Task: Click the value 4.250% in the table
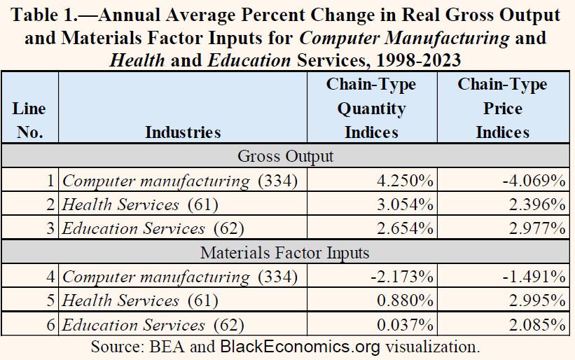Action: coord(403,181)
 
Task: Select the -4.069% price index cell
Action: coord(534,181)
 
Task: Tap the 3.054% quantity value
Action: coord(403,205)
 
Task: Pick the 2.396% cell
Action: coord(536,205)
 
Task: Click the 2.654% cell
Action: coord(403,228)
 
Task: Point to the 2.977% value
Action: coord(536,228)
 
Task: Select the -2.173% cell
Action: coord(400,277)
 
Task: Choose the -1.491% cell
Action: coord(534,277)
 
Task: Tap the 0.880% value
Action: coord(403,300)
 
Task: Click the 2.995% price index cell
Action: coord(536,300)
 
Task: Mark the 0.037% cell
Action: coord(403,324)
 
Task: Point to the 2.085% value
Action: coord(536,324)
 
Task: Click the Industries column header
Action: coord(182,132)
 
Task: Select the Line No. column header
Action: coord(29,120)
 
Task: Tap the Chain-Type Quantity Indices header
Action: coord(371,108)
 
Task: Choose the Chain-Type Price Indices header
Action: coord(502,108)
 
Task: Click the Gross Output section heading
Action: coord(286,156)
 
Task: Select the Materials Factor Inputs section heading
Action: coord(286,252)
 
